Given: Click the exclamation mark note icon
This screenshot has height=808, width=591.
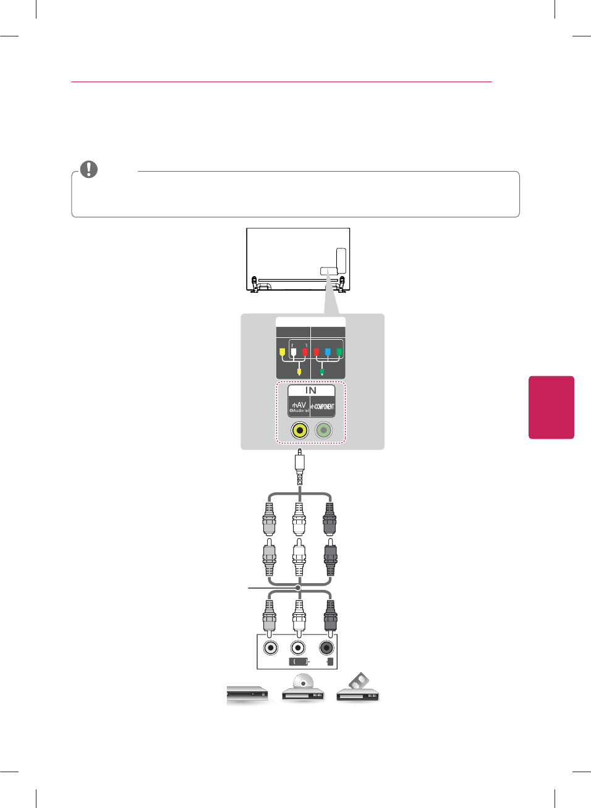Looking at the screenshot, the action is coord(89,169).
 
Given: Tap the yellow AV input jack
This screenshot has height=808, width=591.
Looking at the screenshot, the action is coord(300,430).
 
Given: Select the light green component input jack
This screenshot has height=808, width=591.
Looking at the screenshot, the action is coord(323,430).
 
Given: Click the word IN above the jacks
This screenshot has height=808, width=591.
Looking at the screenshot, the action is coord(311,390).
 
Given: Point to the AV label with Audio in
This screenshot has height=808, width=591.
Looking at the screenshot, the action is coord(299,406).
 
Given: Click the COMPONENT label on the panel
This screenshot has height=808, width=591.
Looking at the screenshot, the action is coord(323,406).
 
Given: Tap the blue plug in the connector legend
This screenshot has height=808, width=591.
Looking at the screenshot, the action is coord(328,353).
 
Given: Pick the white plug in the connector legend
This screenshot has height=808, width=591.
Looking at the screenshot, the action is coord(294,353).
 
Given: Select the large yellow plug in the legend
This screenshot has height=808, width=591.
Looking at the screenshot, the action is coord(283,353).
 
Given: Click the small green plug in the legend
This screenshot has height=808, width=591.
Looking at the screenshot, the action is coord(321,372).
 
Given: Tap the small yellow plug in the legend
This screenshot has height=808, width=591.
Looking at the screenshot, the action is coord(299,372).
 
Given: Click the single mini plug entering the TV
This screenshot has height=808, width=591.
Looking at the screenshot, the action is coord(300,467).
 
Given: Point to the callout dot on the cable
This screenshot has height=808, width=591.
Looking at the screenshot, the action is coord(298,587).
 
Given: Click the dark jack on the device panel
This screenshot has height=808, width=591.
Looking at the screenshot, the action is coord(326,648).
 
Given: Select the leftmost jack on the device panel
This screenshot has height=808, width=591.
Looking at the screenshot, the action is coord(270,648).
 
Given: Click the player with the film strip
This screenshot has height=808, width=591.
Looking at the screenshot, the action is coord(358,689).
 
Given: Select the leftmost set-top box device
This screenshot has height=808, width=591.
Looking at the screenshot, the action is coord(247,694).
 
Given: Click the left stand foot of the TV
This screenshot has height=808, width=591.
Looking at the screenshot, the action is coord(254,284).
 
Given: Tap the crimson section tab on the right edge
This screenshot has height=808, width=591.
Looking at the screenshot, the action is coord(551,407).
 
